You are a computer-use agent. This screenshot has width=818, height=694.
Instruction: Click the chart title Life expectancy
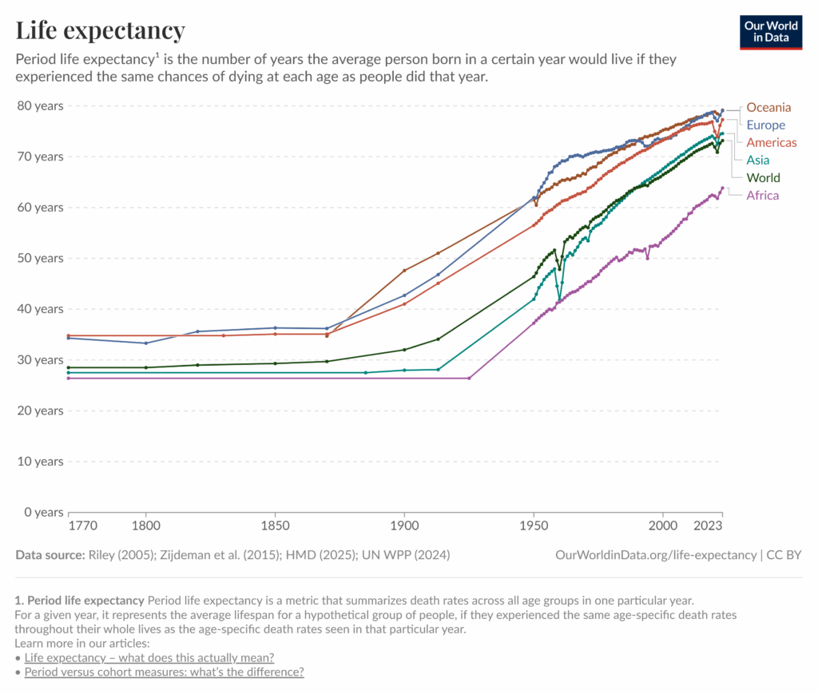[101, 30]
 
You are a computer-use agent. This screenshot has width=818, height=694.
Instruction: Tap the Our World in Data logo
[770, 31]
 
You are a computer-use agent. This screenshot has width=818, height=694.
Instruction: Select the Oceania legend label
[768, 107]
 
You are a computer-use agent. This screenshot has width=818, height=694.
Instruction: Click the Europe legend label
[765, 125]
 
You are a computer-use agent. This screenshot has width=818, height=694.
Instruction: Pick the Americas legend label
[771, 142]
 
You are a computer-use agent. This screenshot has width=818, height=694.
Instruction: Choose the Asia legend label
[757, 160]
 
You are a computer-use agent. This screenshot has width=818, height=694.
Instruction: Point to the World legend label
[763, 177]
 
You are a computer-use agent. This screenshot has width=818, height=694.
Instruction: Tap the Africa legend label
[762, 195]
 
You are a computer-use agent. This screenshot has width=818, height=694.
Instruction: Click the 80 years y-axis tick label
[39, 105]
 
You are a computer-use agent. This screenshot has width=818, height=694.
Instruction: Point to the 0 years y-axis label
[42, 512]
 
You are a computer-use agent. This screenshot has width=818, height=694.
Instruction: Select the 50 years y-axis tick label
[39, 258]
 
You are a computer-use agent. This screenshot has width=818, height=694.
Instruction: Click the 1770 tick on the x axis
[82, 526]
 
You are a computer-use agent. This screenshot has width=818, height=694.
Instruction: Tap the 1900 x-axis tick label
[404, 526]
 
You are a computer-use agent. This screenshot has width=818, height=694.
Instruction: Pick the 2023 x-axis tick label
[708, 526]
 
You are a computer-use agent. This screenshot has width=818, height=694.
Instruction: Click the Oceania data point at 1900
[404, 271]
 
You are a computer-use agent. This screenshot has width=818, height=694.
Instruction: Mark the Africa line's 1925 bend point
[469, 378]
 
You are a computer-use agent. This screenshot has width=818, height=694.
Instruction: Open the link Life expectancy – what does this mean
[149, 657]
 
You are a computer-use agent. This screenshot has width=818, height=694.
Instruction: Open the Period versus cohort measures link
[164, 672]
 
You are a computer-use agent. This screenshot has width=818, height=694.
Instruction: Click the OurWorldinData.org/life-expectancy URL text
[655, 554]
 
